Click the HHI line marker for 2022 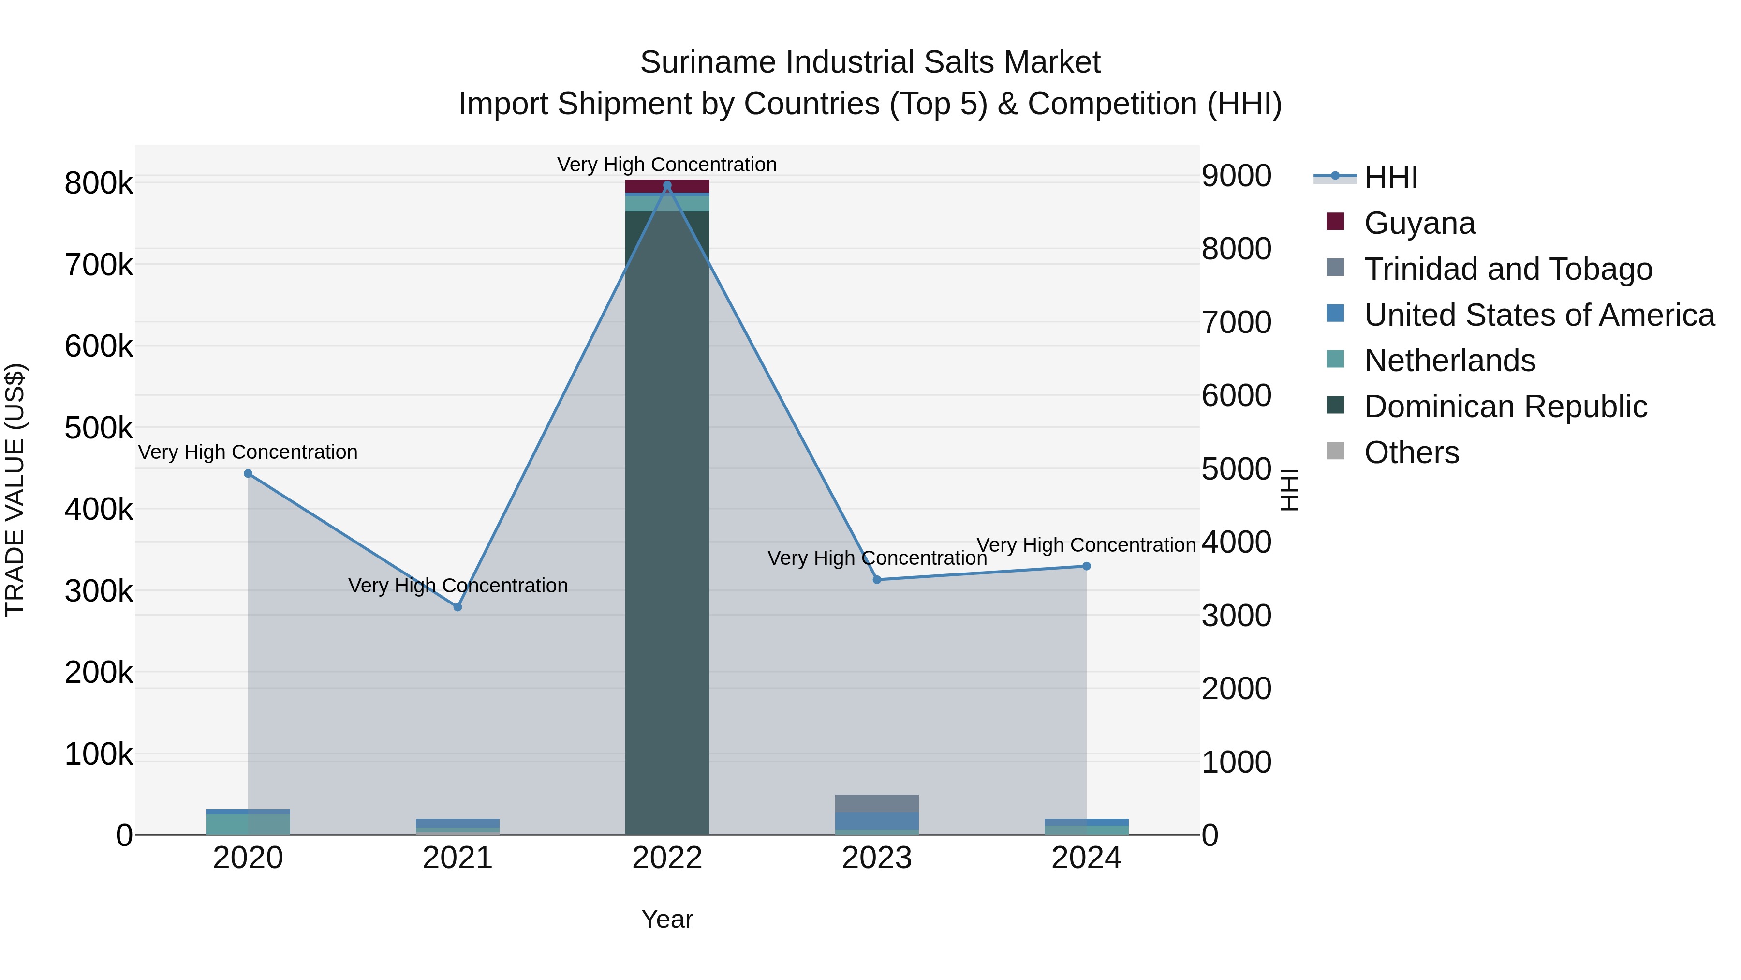(x=667, y=185)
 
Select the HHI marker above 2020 (x=248, y=473)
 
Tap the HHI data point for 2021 (x=457, y=607)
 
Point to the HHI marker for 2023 (x=877, y=580)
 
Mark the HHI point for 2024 (x=1086, y=566)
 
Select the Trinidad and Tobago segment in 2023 (x=877, y=803)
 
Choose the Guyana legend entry (x=1419, y=223)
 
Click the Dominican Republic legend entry (x=1505, y=407)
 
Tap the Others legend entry (x=1411, y=452)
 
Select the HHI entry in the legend (x=1390, y=177)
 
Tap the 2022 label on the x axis (x=667, y=858)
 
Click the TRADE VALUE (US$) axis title (x=15, y=490)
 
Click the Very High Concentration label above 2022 (x=667, y=165)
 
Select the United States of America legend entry (x=1539, y=315)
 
